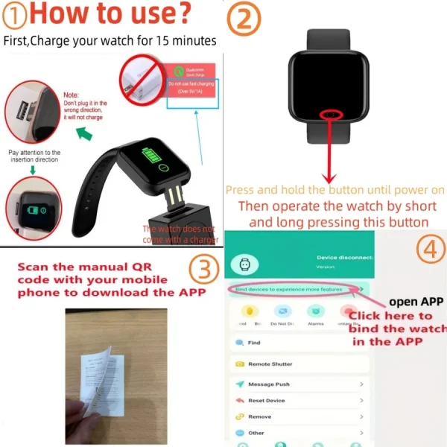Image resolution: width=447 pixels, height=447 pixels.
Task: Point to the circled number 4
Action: [428, 250]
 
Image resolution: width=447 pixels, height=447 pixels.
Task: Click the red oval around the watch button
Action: [329, 115]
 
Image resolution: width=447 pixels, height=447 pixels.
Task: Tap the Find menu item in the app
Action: [254, 343]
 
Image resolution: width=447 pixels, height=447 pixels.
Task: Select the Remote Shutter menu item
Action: [270, 364]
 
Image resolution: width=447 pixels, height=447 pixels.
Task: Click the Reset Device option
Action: [266, 401]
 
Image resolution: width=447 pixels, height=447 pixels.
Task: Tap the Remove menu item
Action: [259, 416]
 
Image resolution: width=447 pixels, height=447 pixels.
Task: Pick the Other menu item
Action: [256, 433]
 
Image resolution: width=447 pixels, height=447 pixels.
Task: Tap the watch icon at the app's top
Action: [244, 263]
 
